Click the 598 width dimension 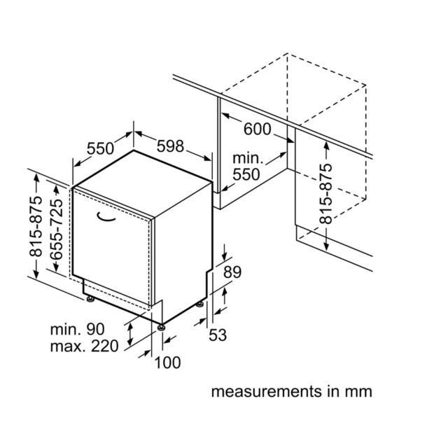point(170,146)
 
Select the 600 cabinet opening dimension point(257,129)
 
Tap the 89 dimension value point(232,272)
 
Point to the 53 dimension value point(218,335)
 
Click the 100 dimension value point(167,363)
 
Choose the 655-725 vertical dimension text point(56,230)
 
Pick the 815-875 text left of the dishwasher point(36,227)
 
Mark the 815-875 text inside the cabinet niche point(326,193)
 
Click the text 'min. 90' point(78,330)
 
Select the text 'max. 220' point(84,346)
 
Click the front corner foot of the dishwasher point(162,328)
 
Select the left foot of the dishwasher point(90,299)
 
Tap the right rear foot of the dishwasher point(199,304)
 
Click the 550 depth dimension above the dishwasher point(100,148)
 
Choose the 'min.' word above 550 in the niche point(248,158)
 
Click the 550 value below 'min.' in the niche point(246,175)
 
